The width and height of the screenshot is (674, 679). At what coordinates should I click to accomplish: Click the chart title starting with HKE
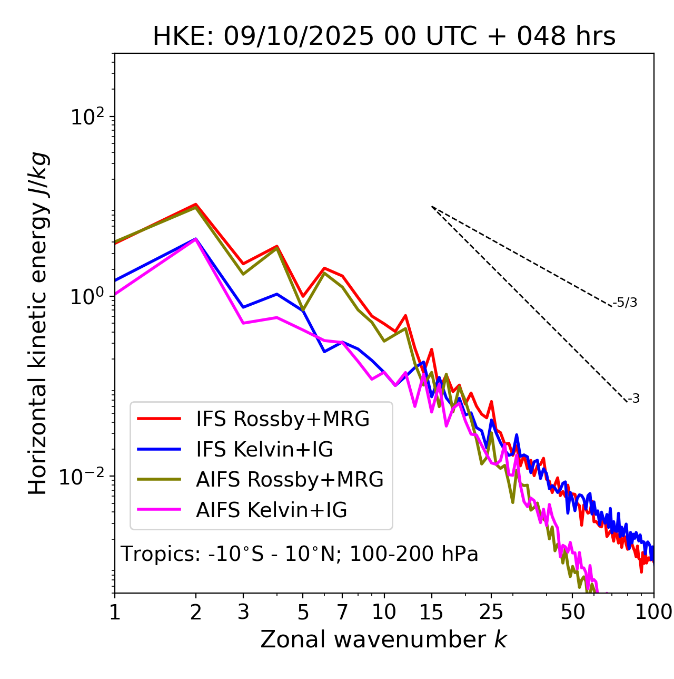384,36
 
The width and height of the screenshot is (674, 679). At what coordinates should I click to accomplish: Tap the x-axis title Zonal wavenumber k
383,639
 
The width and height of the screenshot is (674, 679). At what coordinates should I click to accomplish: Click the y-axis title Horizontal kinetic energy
38,323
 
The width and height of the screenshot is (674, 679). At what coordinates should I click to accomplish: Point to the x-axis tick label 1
115,612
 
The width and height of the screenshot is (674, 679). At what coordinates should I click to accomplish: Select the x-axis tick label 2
196,612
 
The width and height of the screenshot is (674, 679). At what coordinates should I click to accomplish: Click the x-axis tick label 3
243,612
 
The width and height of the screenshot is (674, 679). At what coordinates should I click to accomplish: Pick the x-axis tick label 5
303,612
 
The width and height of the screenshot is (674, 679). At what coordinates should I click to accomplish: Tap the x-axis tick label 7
342,612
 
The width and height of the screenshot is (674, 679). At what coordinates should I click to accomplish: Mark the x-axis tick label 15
431,612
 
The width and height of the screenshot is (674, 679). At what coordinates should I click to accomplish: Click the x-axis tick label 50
572,612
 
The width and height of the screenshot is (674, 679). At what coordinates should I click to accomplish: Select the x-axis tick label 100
653,612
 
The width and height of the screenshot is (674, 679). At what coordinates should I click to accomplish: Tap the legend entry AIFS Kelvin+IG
271,510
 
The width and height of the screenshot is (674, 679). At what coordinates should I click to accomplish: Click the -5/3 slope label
625,303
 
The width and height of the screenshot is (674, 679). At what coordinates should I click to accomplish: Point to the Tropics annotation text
299,555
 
